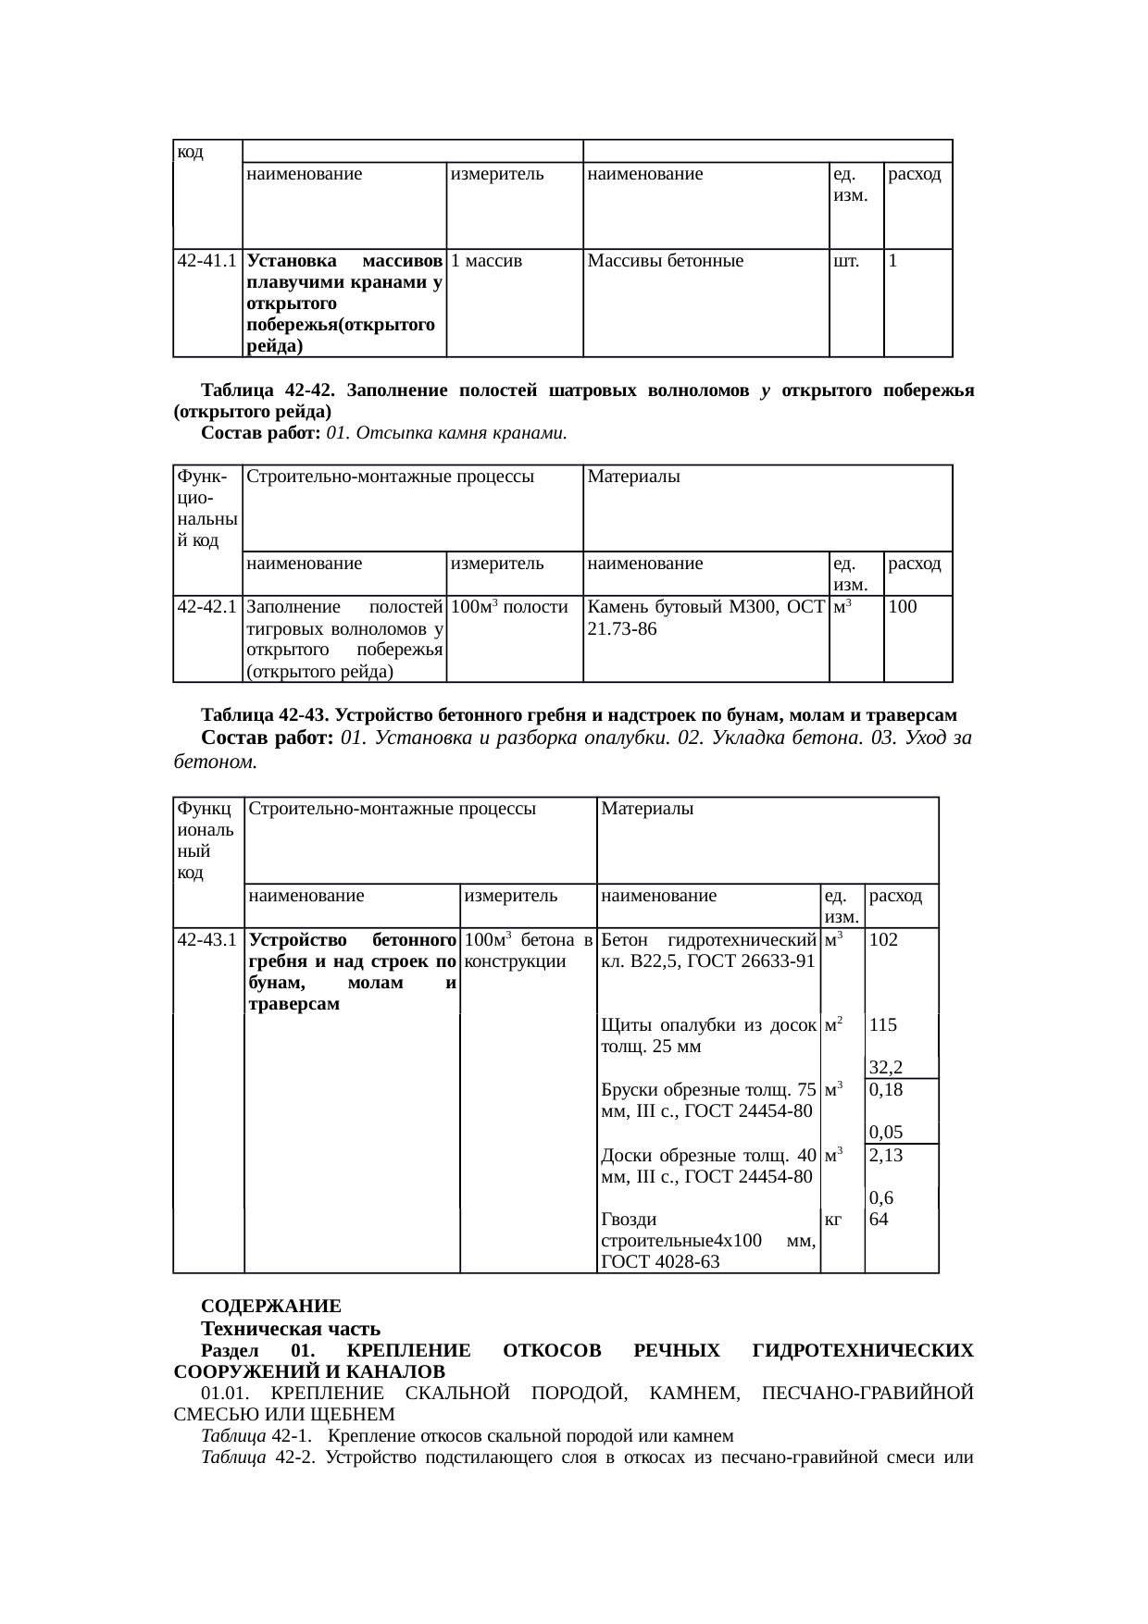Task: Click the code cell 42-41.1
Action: [x=208, y=262]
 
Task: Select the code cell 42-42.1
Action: [x=208, y=608]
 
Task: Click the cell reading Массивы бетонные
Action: [x=666, y=262]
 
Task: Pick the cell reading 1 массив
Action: [x=488, y=262]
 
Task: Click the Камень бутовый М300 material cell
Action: [x=705, y=618]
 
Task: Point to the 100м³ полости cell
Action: [x=513, y=608]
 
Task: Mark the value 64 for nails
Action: [x=880, y=1220]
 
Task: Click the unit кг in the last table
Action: [x=833, y=1220]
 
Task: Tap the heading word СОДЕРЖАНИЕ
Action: [x=271, y=1307]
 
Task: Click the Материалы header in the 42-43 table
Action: [x=648, y=809]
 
